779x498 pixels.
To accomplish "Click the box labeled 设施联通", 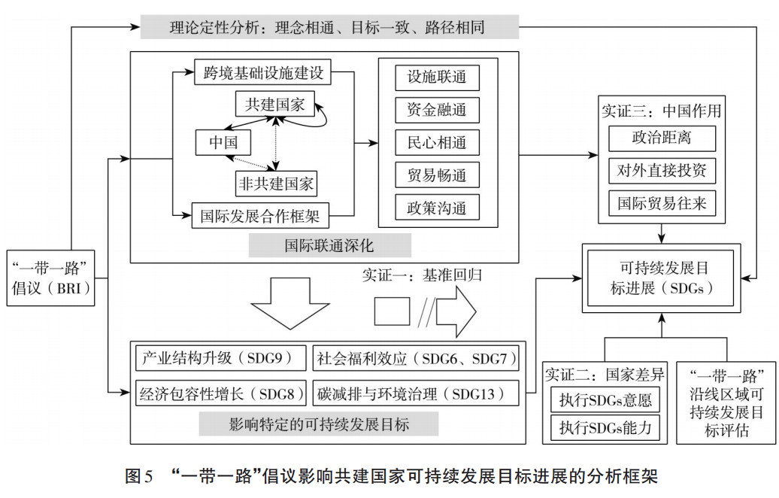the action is pyautogui.click(x=437, y=77).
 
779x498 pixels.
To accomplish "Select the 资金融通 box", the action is pyautogui.click(x=437, y=110).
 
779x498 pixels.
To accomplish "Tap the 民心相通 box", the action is pyautogui.click(x=437, y=143).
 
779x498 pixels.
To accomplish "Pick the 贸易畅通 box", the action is pyautogui.click(x=437, y=175).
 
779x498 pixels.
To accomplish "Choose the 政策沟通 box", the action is pyautogui.click(x=437, y=208).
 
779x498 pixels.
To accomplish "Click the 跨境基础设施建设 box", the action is pyautogui.click(x=262, y=72).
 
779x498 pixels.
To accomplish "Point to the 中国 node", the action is pyautogui.click(x=223, y=143).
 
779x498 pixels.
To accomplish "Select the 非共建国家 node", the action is pyautogui.click(x=276, y=184).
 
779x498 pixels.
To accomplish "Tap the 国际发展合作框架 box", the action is pyautogui.click(x=260, y=216).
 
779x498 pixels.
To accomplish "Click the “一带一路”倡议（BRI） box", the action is pyautogui.click(x=50, y=278).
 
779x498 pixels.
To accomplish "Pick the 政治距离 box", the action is pyautogui.click(x=662, y=138).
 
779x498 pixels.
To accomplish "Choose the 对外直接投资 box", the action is pyautogui.click(x=662, y=171).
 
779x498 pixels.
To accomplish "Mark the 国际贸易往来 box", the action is pyautogui.click(x=662, y=203).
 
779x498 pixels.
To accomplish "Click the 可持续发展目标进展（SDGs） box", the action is pyautogui.click(x=661, y=278).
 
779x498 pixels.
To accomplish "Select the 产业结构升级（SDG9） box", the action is pyautogui.click(x=220, y=358).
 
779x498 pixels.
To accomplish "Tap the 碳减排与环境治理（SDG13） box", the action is pyautogui.click(x=416, y=393).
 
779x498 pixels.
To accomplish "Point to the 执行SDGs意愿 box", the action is pyautogui.click(x=605, y=400).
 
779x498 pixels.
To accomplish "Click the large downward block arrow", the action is pyautogui.click(x=290, y=304).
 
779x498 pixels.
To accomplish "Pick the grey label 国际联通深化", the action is pyautogui.click(x=330, y=245).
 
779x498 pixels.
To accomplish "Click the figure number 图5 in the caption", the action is pyautogui.click(x=139, y=476).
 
